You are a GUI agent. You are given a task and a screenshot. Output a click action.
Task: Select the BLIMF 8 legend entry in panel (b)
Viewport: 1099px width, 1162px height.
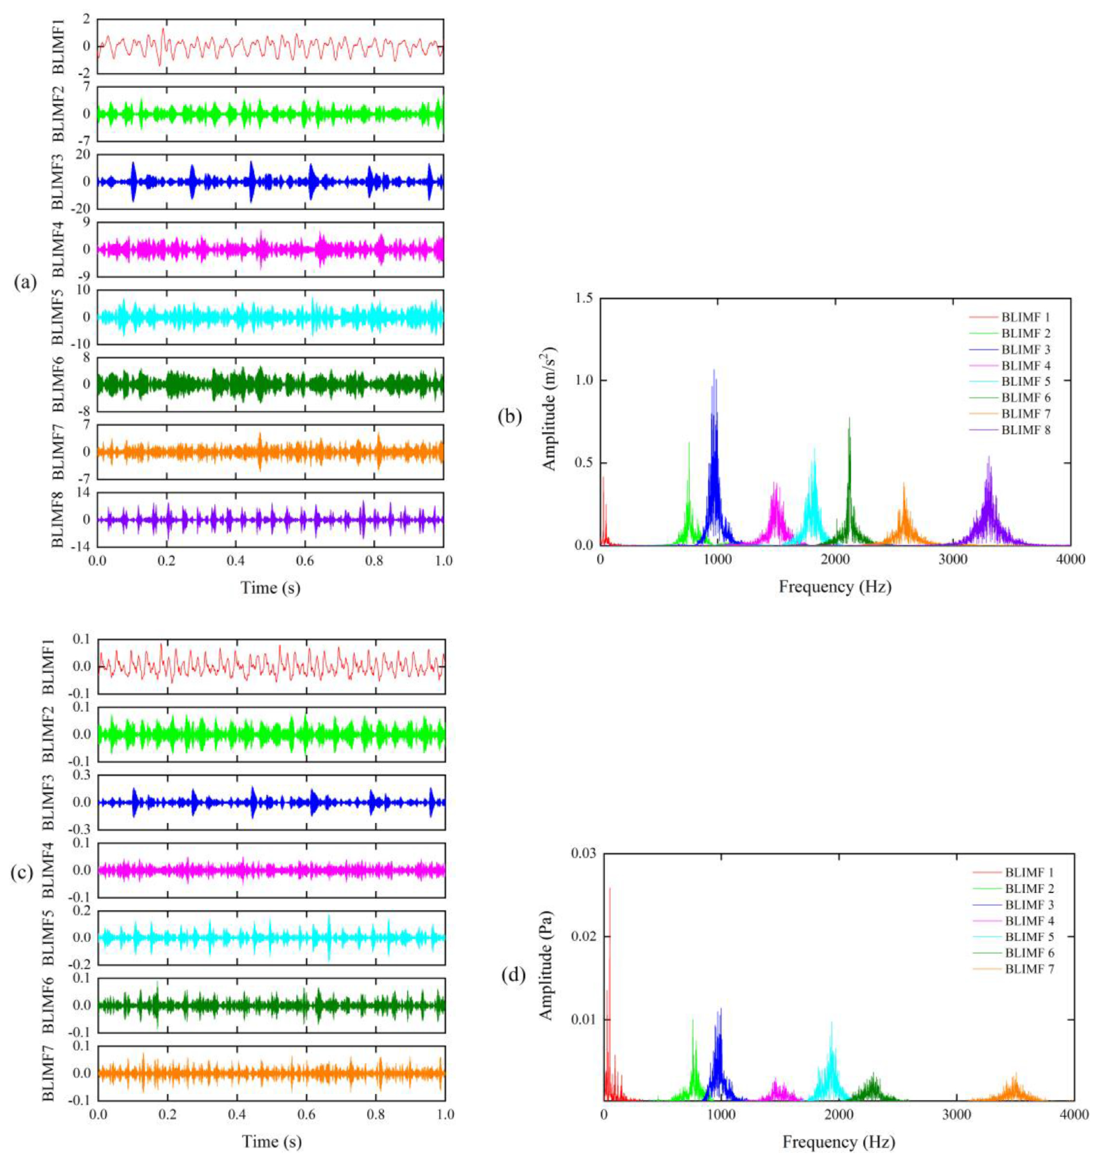pyautogui.click(x=1025, y=430)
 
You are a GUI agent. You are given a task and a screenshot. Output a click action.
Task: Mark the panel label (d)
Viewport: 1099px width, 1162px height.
pyautogui.click(x=514, y=975)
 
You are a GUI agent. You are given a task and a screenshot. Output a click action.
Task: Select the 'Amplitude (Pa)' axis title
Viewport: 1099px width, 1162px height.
pyautogui.click(x=546, y=977)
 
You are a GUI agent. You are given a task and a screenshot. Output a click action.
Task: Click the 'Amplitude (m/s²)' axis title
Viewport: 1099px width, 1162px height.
pyautogui.click(x=549, y=408)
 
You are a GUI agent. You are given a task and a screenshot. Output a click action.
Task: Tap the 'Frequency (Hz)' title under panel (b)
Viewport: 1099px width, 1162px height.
pyautogui.click(x=835, y=587)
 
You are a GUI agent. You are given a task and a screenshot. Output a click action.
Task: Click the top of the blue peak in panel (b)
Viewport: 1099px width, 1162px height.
pyautogui.click(x=714, y=370)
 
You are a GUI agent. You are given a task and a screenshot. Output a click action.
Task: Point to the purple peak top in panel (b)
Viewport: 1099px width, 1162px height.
pyautogui.click(x=989, y=457)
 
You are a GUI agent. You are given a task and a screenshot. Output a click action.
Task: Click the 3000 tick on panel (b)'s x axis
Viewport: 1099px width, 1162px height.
pyautogui.click(x=952, y=560)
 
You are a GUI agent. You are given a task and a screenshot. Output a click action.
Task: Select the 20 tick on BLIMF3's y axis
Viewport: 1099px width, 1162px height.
pyautogui.click(x=83, y=155)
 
